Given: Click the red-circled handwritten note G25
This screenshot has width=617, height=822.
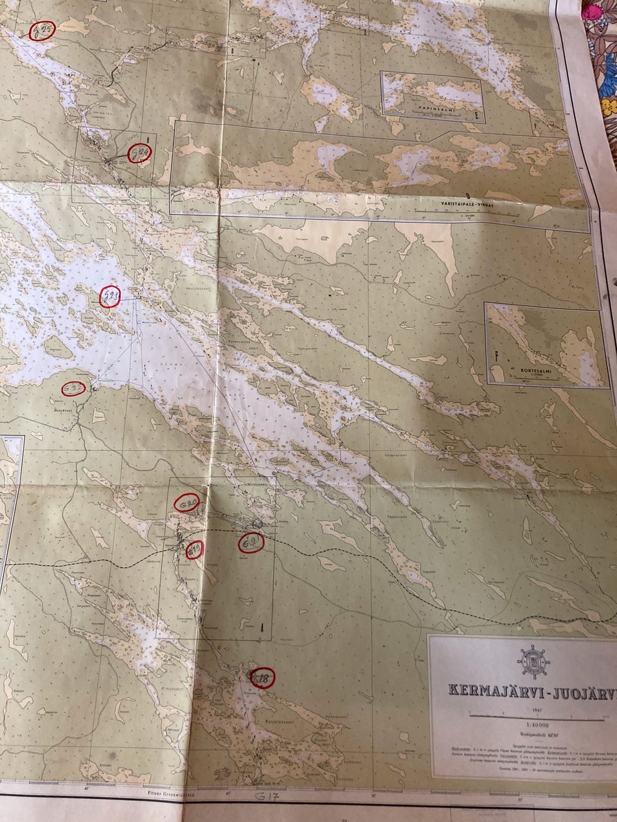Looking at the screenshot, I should [44, 30].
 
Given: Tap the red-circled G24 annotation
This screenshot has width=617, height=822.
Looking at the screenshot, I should [140, 153].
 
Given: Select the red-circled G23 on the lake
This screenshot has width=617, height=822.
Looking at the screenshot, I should [111, 297].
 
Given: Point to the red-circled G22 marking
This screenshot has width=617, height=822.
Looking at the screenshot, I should [74, 388].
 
